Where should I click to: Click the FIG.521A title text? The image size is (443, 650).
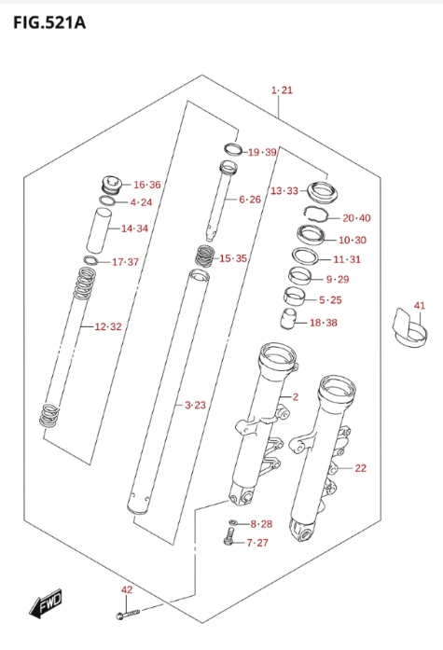click(49, 22)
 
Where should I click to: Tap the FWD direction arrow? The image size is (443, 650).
click(45, 602)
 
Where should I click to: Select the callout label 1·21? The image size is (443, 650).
click(282, 90)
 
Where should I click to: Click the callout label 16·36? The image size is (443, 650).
click(146, 185)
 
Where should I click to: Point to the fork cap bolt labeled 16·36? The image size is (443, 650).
click(111, 185)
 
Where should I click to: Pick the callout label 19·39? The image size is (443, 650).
click(262, 152)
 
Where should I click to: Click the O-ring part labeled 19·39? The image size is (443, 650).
click(233, 149)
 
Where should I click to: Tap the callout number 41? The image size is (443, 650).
click(420, 306)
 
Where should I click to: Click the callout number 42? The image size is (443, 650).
click(127, 589)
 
